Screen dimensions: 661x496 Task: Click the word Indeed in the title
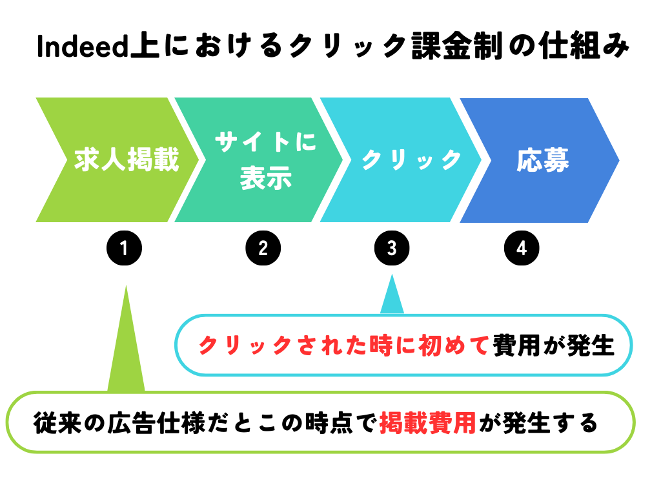pos(82,46)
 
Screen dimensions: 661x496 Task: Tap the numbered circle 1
pos(124,248)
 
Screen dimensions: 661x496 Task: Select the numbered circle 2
pos(263,248)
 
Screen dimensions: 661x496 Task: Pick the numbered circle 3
pos(392,248)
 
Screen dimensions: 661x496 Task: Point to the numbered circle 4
pos(522,248)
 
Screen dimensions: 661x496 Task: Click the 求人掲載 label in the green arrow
pos(127,160)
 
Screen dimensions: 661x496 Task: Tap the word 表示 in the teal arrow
pos(266,178)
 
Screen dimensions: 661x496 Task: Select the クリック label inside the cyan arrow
pos(412,160)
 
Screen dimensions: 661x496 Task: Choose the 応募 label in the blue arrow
pos(543,160)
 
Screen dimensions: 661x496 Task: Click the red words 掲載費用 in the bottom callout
pos(427,423)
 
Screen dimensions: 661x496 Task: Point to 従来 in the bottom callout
pos(57,423)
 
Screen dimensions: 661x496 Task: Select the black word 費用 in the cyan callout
pos(516,346)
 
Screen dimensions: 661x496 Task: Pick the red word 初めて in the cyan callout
pos(454,346)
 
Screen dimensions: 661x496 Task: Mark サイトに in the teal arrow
pos(265,141)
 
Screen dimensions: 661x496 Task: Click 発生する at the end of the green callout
pos(551,423)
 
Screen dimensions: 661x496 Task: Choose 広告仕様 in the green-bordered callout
pos(156,423)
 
